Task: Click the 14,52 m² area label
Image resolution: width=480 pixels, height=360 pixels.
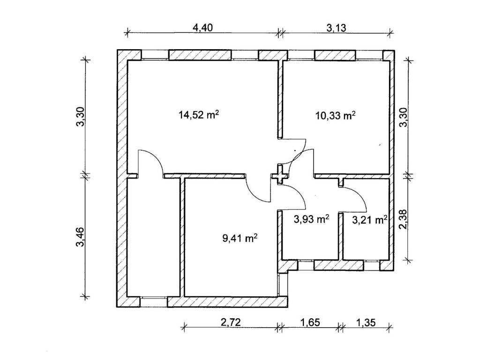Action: pyautogui.click(x=199, y=115)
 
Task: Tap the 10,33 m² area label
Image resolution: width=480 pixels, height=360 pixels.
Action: pyautogui.click(x=336, y=115)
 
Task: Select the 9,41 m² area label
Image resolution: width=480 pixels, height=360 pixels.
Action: pyautogui.click(x=240, y=238)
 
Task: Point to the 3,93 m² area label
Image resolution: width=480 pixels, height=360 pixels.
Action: pyautogui.click(x=311, y=219)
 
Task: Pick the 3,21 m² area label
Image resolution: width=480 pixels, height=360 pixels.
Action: pyautogui.click(x=370, y=219)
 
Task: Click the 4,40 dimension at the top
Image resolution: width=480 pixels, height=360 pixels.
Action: pyautogui.click(x=202, y=28)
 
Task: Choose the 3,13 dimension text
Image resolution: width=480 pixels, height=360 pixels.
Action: pyautogui.click(x=336, y=28)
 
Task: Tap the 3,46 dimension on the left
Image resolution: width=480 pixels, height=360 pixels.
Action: pyautogui.click(x=80, y=236)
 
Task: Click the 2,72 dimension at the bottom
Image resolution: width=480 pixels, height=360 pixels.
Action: pyautogui.click(x=231, y=322)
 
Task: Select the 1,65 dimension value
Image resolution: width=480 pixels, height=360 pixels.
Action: pyautogui.click(x=310, y=322)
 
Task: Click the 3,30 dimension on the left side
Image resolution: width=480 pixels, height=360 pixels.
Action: pyautogui.click(x=80, y=116)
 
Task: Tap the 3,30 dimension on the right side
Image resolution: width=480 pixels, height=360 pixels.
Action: pyautogui.click(x=404, y=117)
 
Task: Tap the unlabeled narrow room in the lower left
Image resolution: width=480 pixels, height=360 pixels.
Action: pyautogui.click(x=153, y=237)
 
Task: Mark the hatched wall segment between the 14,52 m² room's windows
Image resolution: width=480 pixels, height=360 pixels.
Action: pyautogui.click(x=200, y=55)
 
